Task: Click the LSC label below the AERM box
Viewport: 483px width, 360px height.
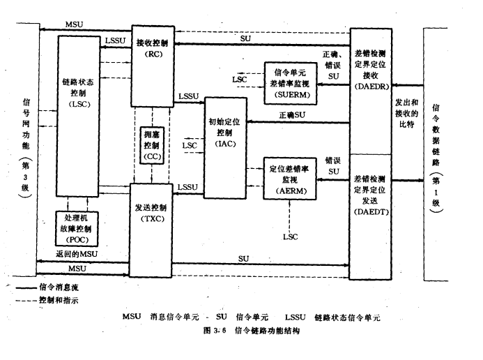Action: (x=291, y=237)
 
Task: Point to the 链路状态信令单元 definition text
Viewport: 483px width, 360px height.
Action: (x=346, y=317)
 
